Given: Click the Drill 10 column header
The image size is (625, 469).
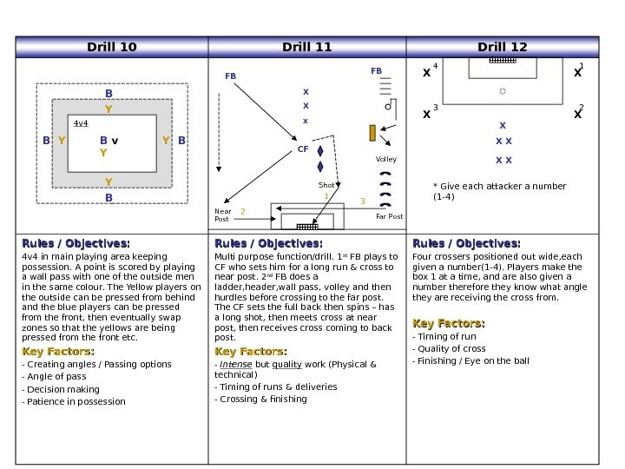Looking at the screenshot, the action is point(112,47).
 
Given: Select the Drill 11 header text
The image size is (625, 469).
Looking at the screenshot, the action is point(307,47).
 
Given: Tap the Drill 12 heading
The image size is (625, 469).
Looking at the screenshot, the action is point(503,47).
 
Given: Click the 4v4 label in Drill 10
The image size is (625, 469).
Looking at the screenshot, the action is point(81,123).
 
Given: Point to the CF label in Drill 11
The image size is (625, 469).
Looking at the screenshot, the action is point(303,149).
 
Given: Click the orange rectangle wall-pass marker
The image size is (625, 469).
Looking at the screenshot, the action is point(372,133).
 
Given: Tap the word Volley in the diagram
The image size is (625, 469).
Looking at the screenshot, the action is point(385,160).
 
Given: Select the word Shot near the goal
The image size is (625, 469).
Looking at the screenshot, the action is point(326,185).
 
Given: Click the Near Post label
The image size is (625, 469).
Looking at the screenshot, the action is point(223,215).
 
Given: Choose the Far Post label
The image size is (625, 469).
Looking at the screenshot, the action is point(389,216).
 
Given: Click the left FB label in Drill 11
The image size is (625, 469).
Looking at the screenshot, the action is point(230,76).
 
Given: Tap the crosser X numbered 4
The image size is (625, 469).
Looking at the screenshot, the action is point(426,74).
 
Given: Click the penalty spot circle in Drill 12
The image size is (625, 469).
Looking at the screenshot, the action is point(503,89).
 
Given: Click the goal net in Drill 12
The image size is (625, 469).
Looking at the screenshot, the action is point(503,61).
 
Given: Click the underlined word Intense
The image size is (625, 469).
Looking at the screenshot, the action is point(237,364).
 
